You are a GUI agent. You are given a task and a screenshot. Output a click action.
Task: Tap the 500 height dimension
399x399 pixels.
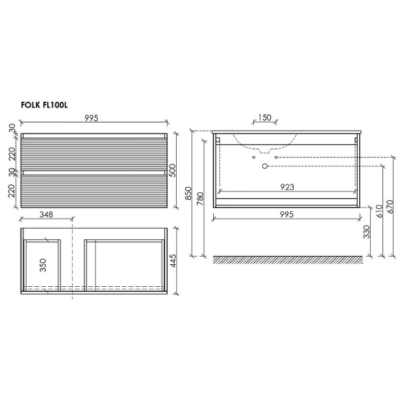182,170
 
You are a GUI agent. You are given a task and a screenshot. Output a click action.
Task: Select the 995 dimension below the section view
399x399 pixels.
288,215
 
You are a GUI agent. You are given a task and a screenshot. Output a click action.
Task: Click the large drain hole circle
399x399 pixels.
264,166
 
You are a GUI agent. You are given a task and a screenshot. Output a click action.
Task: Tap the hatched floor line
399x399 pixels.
288,259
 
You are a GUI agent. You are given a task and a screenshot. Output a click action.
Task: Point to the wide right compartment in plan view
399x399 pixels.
124,263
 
